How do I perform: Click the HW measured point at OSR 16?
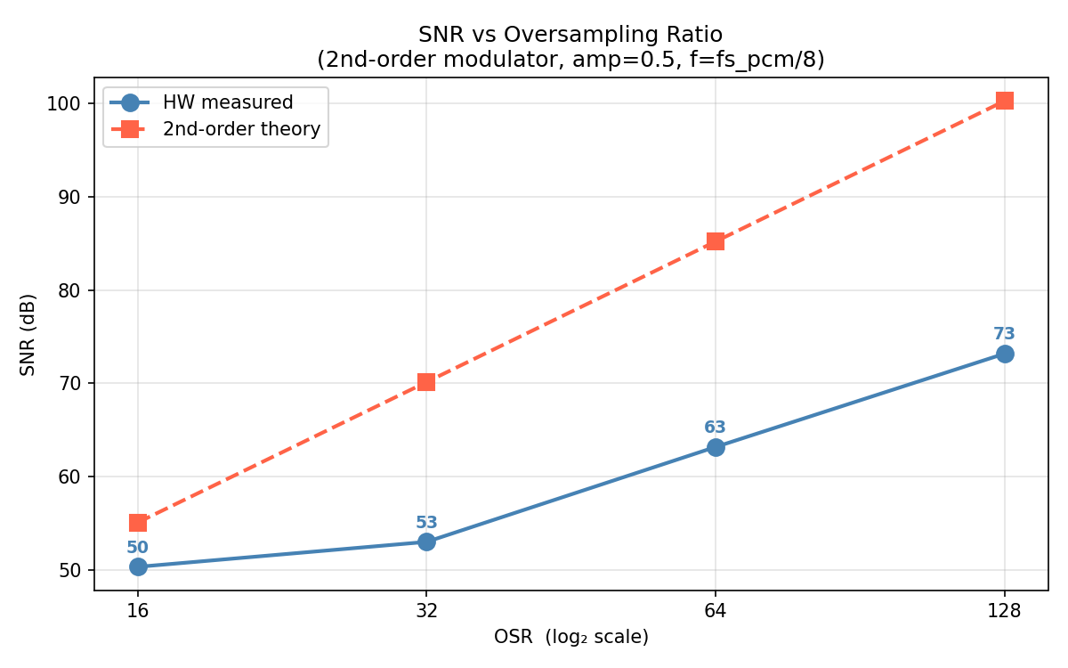(x=138, y=566)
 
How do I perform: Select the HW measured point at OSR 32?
(x=426, y=542)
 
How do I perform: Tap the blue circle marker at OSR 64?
(x=716, y=447)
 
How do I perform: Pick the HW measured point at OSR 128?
(x=1005, y=354)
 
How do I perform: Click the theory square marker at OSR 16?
(x=138, y=523)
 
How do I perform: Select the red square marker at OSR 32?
(x=426, y=382)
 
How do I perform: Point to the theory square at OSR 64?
(x=716, y=241)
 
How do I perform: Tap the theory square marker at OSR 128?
(x=1005, y=101)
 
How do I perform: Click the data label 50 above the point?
(x=138, y=547)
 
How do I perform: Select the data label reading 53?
(x=426, y=523)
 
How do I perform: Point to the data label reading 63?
(x=716, y=428)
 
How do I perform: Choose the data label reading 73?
(x=1005, y=334)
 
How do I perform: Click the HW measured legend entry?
(x=228, y=102)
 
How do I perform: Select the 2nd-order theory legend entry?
(x=241, y=129)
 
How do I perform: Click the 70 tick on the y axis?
(x=74, y=383)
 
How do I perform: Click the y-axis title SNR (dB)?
(x=28, y=334)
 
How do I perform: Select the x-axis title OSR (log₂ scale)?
(x=571, y=638)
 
